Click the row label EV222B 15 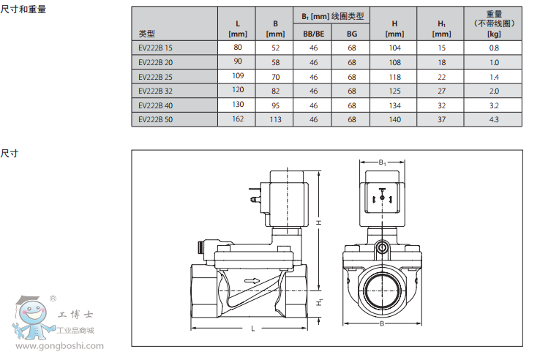pyautogui.click(x=157, y=48)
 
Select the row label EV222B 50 pyautogui.click(x=157, y=119)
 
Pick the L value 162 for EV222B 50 pyautogui.click(x=238, y=119)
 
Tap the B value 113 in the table pyautogui.click(x=275, y=119)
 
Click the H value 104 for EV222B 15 pyautogui.click(x=394, y=48)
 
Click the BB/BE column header pyautogui.click(x=313, y=34)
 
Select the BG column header pyautogui.click(x=352, y=34)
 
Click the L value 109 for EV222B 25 pyautogui.click(x=238, y=76)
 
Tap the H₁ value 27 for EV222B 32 pyautogui.click(x=441, y=91)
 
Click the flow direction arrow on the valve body pyautogui.click(x=252, y=280)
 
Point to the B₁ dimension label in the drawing pyautogui.click(x=382, y=162)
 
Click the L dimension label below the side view pyautogui.click(x=253, y=329)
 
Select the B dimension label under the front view pyautogui.click(x=382, y=323)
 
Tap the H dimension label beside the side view pyautogui.click(x=319, y=222)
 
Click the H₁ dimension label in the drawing pyautogui.click(x=319, y=301)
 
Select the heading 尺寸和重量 pyautogui.click(x=23, y=10)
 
